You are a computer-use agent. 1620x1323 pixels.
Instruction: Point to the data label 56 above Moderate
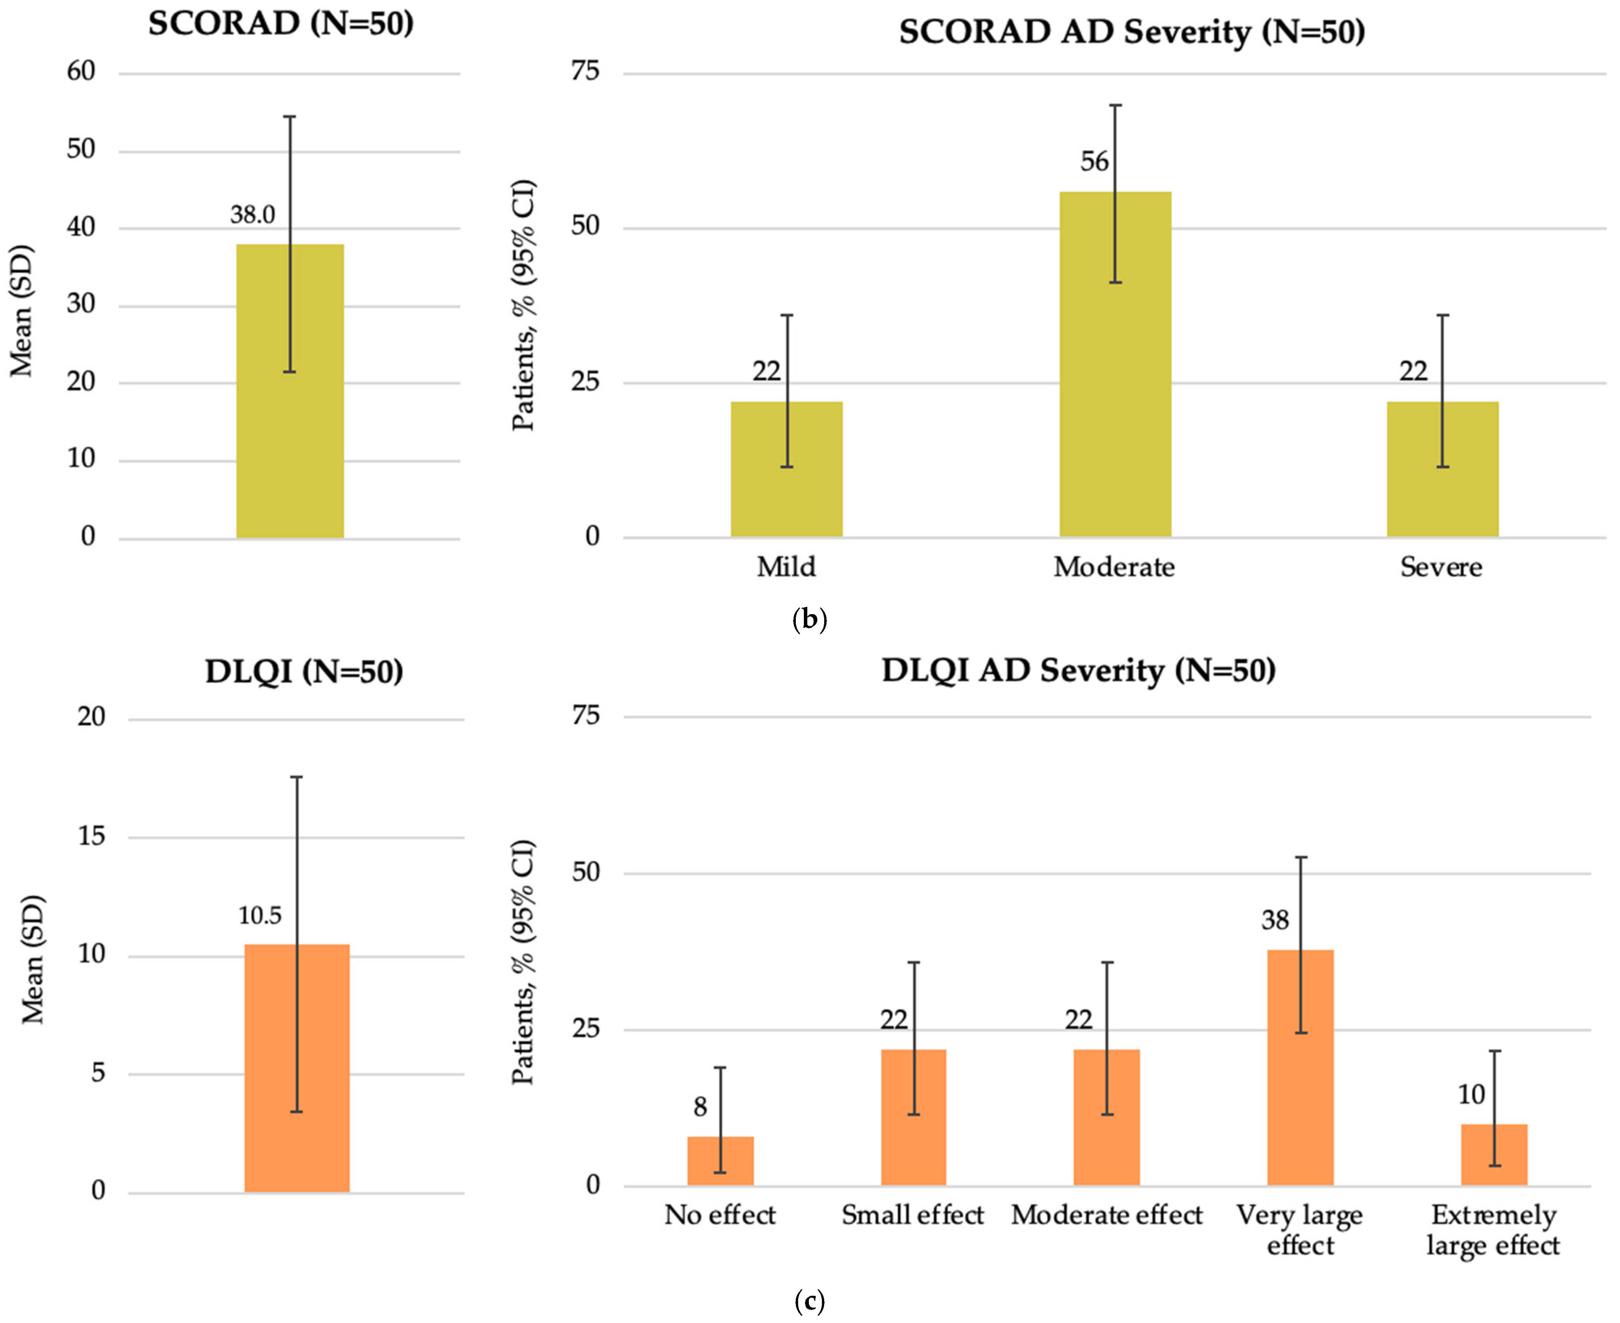(1094, 161)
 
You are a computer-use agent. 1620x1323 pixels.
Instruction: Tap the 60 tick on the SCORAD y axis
(81, 72)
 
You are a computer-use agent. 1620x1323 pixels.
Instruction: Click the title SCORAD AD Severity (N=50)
(1132, 32)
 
